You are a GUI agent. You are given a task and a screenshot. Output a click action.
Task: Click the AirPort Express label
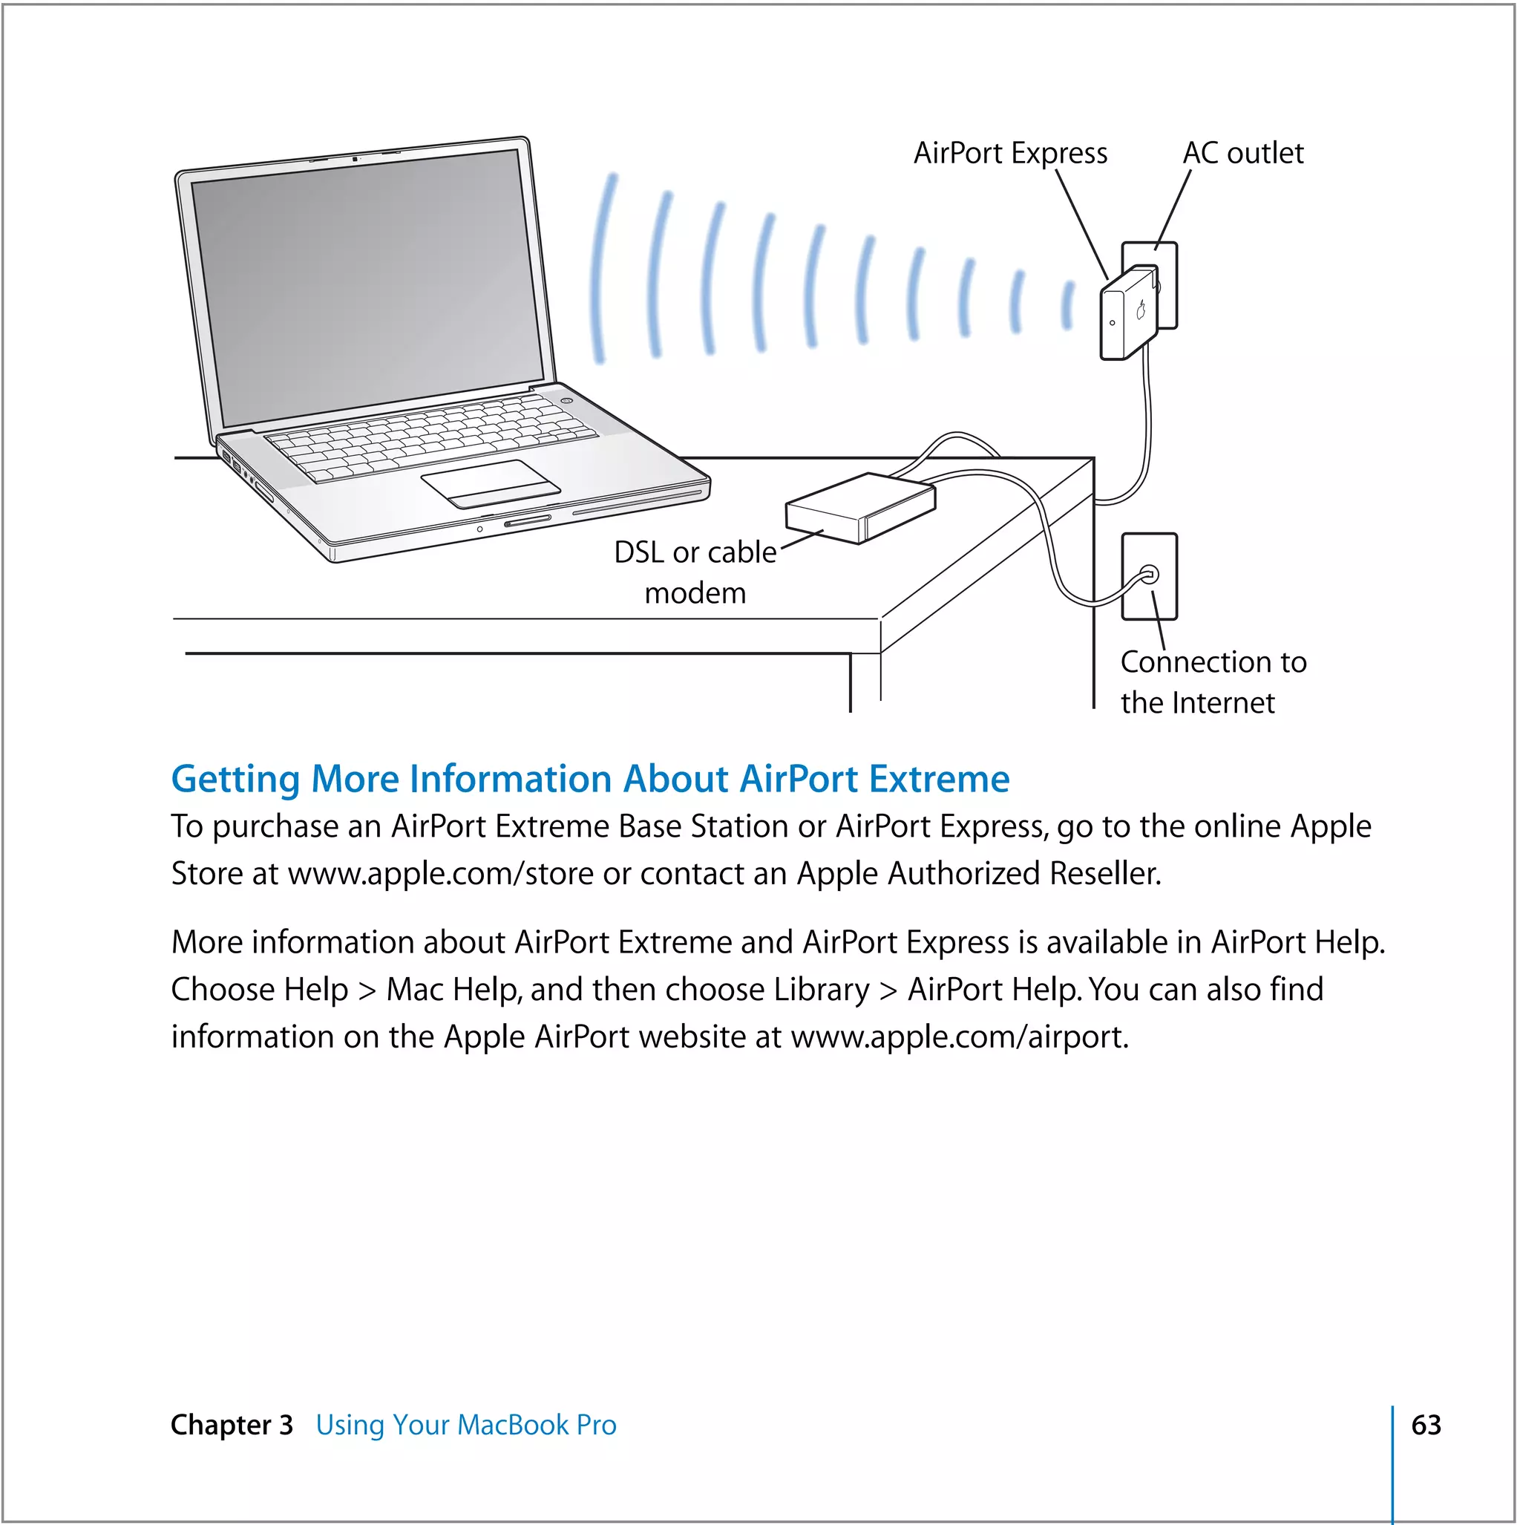pos(1010,153)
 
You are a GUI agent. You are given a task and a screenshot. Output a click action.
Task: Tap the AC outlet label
pos(1243,153)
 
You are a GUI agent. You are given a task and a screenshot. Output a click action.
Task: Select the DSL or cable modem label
pos(695,572)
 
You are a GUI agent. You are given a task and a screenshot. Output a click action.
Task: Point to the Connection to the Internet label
pos(1212,682)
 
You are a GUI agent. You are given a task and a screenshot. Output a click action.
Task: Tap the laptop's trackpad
pos(490,484)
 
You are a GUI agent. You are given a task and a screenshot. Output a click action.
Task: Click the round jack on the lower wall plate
pos(1150,574)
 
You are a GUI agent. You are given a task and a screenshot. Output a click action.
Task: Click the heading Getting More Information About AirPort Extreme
pos(590,779)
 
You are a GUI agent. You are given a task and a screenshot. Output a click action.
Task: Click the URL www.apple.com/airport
pos(958,1036)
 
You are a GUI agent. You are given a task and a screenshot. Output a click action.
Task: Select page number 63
pos(1425,1425)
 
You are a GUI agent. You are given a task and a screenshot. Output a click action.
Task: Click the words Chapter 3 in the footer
pos(232,1425)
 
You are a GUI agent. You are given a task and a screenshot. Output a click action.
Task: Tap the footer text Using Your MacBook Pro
pos(465,1425)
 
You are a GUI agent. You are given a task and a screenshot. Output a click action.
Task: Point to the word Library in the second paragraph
pos(821,989)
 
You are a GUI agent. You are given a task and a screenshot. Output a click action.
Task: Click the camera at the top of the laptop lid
pos(356,160)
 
